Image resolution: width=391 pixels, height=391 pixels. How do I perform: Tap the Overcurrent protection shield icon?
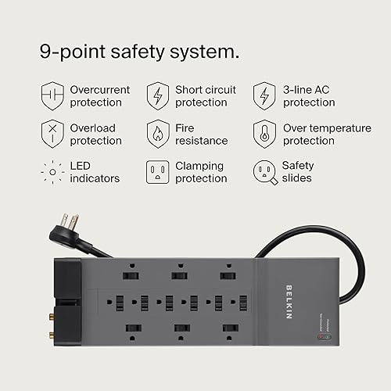point(51,96)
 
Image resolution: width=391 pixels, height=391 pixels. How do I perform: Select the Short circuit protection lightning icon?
point(157,96)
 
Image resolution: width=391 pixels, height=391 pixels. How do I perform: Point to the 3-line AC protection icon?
point(264,96)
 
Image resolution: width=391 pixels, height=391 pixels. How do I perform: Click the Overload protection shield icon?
point(51,134)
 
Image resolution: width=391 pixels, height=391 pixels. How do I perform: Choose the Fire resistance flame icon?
point(157,134)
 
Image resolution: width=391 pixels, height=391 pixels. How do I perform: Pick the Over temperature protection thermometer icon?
point(264,134)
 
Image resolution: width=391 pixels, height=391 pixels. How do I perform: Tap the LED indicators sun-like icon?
point(51,172)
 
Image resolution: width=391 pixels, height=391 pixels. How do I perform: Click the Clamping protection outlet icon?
point(157,172)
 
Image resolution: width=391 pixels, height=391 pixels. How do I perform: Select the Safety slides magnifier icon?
point(264,172)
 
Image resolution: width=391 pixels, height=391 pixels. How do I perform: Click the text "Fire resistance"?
point(201,135)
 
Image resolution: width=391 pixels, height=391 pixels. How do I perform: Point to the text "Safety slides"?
point(297,172)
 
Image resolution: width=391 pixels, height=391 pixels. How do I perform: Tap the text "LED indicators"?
point(95,172)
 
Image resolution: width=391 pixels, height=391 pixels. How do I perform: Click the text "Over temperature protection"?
point(327,135)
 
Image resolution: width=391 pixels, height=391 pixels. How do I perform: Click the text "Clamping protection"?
point(201,172)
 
